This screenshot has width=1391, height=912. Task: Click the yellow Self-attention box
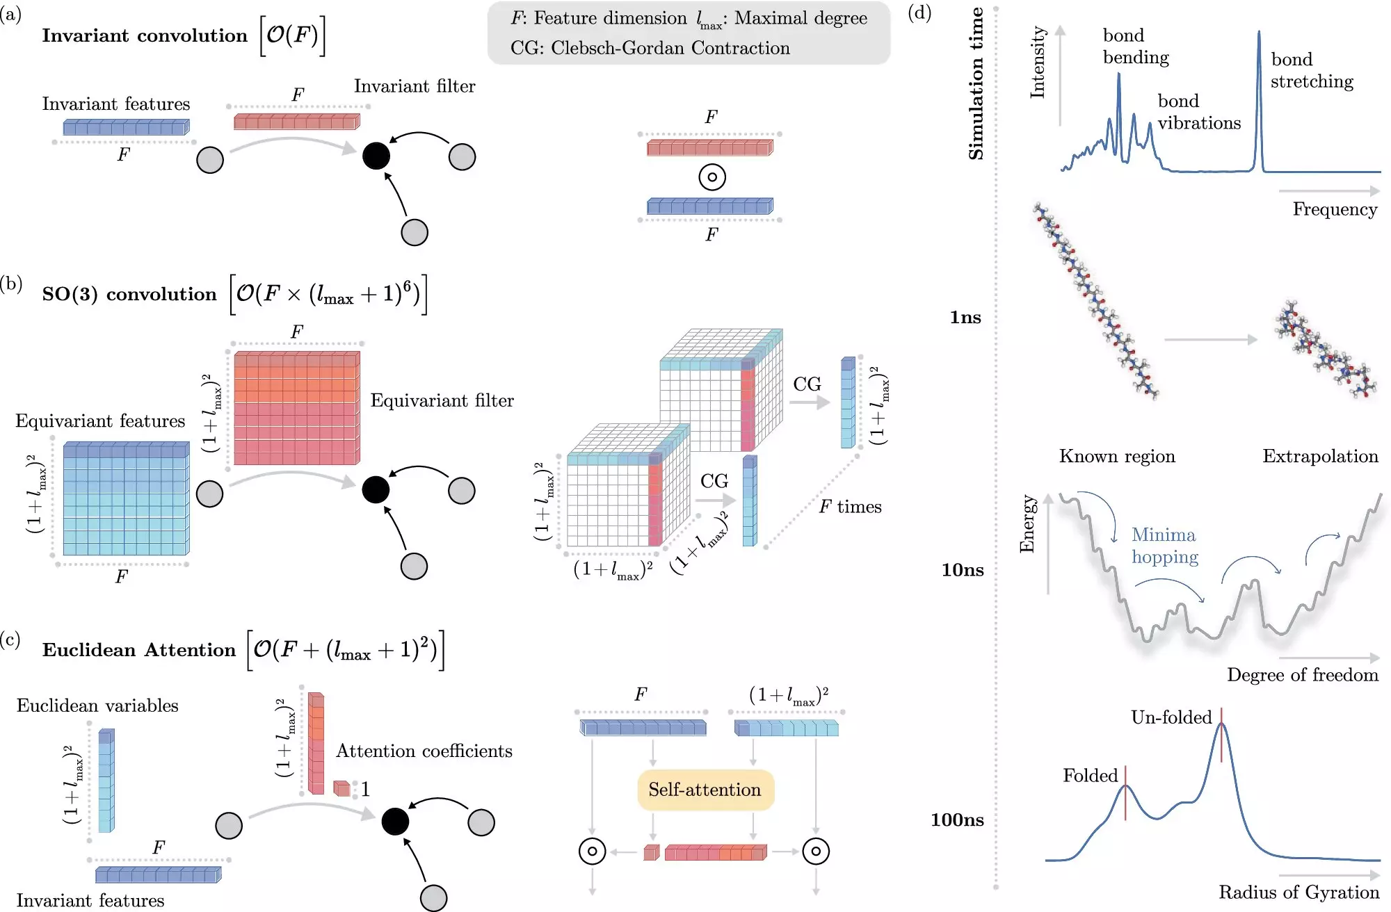click(705, 790)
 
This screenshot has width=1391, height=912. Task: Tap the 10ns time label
click(963, 570)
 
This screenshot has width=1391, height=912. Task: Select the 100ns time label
click(957, 820)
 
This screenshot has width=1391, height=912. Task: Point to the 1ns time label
click(965, 318)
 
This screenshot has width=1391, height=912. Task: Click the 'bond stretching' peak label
click(1312, 70)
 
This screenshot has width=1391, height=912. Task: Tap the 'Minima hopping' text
click(1164, 546)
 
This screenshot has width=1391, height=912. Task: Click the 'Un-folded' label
click(1171, 717)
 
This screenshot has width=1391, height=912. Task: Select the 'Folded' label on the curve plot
click(1090, 776)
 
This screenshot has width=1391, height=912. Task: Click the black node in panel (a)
click(376, 156)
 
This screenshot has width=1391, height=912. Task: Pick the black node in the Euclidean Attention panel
click(395, 822)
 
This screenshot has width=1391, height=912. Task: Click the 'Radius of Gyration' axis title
click(1298, 893)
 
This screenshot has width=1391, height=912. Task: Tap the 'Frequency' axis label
click(1335, 209)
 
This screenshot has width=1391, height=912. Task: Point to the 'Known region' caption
click(1117, 457)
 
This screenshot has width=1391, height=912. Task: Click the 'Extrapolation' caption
click(1320, 457)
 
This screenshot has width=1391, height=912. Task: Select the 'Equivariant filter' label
click(442, 401)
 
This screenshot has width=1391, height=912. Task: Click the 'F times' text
click(850, 507)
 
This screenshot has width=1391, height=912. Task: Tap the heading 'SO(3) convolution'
click(129, 294)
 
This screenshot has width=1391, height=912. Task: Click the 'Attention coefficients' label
click(424, 751)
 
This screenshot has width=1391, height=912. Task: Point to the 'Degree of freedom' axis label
click(1302, 675)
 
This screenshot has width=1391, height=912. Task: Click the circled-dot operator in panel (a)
click(711, 177)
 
